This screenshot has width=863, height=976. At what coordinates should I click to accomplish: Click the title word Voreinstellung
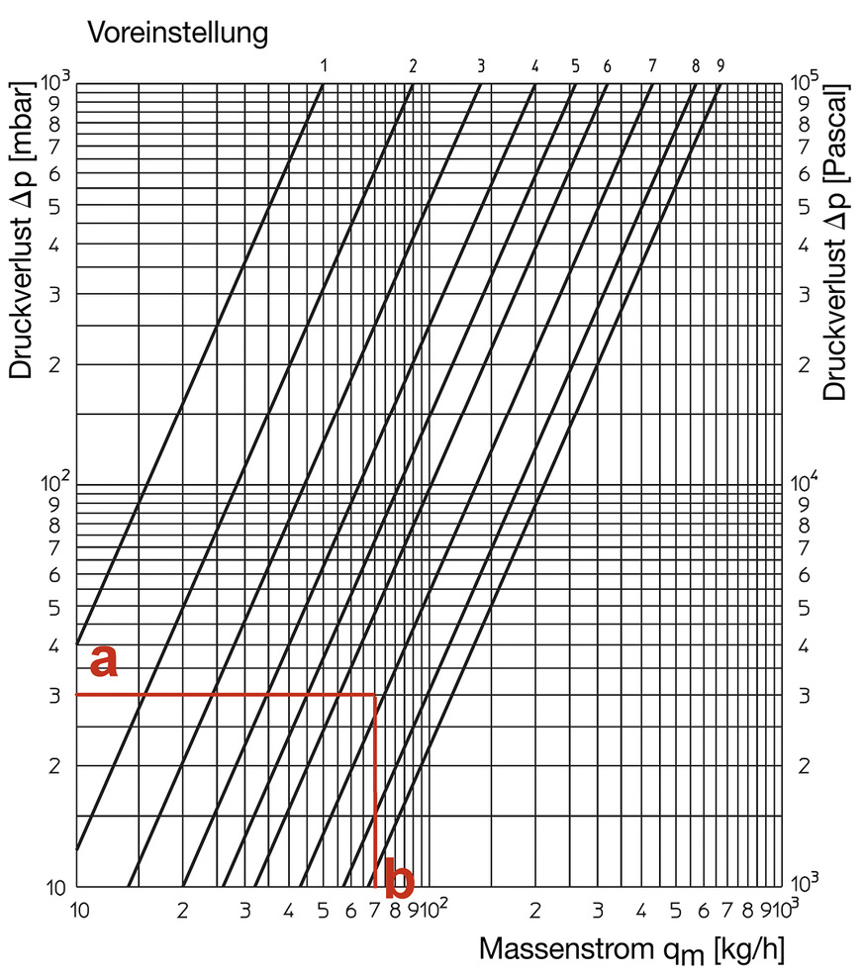pyautogui.click(x=178, y=33)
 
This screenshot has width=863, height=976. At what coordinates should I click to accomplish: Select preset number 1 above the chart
pyautogui.click(x=324, y=66)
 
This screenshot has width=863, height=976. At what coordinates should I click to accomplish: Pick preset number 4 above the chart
pyautogui.click(x=534, y=66)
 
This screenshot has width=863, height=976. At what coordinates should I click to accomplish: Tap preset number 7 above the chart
pyautogui.click(x=652, y=66)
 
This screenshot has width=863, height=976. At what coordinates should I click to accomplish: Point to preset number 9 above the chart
pyautogui.click(x=720, y=66)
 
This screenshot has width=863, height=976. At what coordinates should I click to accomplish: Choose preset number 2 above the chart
pyautogui.click(x=413, y=66)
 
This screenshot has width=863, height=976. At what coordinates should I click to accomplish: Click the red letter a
pyautogui.click(x=104, y=661)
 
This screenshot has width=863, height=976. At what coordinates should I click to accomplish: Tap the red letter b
pyautogui.click(x=398, y=877)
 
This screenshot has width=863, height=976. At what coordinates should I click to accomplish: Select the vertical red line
pyautogui.click(x=375, y=792)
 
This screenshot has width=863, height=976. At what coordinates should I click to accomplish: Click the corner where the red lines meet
pyautogui.click(x=375, y=695)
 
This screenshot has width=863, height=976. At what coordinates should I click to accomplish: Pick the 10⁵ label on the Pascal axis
pyautogui.click(x=807, y=81)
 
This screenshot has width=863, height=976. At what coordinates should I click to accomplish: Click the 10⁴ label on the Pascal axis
pyautogui.click(x=807, y=484)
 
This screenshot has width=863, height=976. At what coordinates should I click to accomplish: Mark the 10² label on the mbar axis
pyautogui.click(x=55, y=484)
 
